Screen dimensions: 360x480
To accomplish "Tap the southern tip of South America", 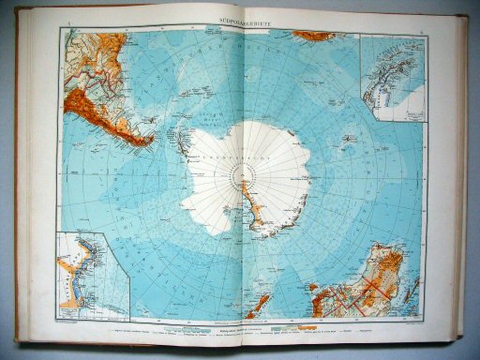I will pyautogui.click(x=150, y=142).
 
